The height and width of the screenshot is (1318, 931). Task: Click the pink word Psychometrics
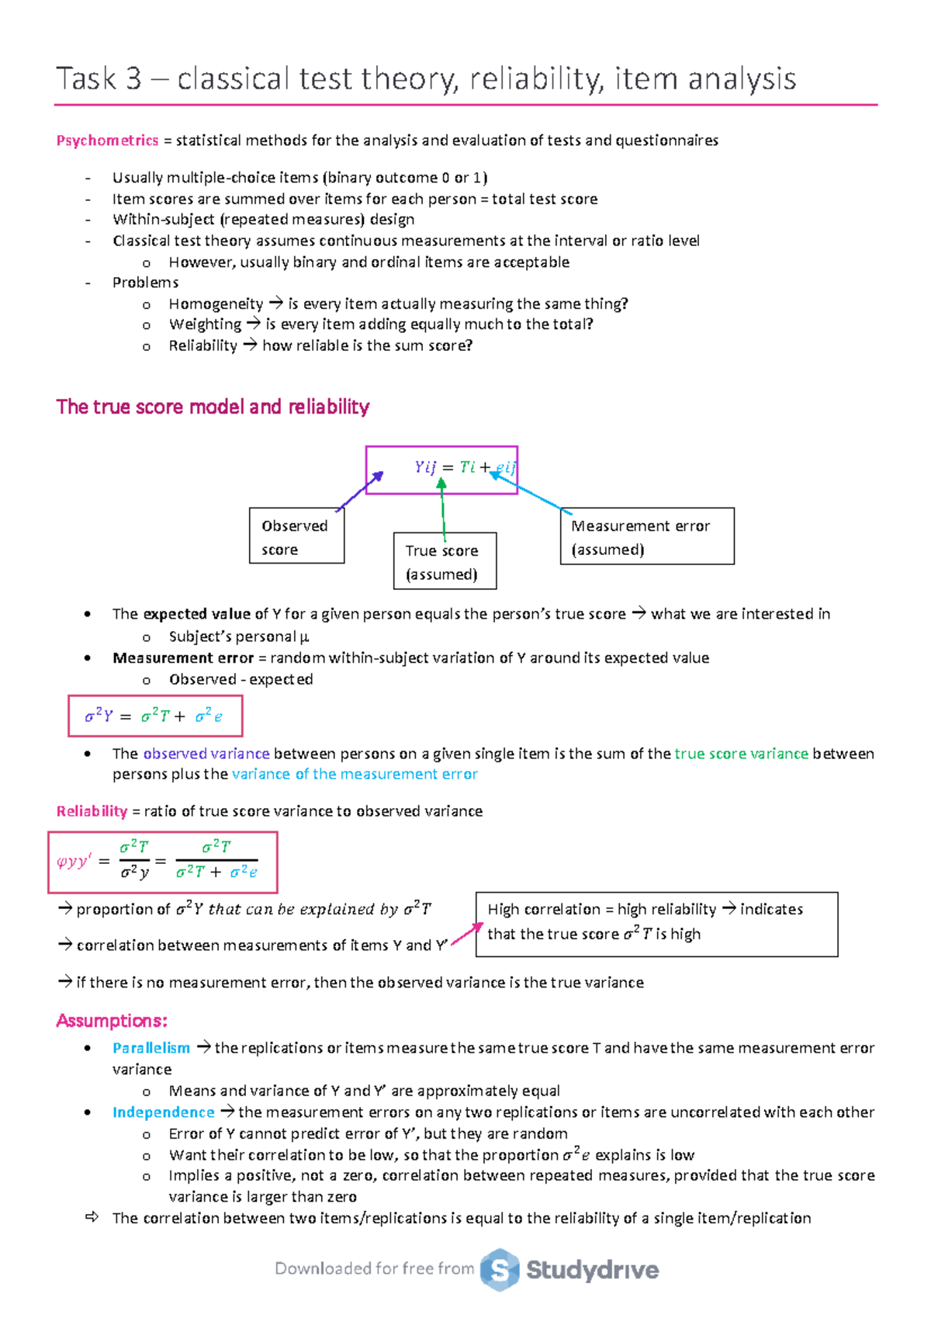click(107, 140)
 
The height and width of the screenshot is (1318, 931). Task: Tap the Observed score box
click(296, 536)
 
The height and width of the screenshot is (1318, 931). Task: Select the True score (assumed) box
click(445, 561)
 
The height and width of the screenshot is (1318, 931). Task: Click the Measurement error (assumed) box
click(646, 536)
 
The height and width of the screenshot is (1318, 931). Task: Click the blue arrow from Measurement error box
click(531, 493)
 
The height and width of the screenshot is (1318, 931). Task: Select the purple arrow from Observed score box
click(360, 491)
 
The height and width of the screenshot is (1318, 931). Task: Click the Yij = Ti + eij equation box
click(441, 470)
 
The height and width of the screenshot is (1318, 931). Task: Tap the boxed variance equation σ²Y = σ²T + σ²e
click(155, 716)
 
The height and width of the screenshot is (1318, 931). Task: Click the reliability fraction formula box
click(162, 862)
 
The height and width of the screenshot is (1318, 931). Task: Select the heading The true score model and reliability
click(213, 407)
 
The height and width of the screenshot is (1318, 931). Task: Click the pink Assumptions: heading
click(112, 1021)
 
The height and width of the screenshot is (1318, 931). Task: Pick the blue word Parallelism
click(151, 1048)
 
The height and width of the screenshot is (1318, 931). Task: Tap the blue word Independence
click(163, 1112)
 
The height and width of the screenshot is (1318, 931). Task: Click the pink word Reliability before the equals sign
click(92, 811)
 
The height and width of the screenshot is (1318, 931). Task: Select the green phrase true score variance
click(741, 754)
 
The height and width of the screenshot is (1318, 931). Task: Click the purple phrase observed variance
click(206, 754)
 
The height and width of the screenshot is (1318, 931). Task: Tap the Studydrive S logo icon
click(500, 1270)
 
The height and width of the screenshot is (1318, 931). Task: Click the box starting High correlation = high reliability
click(656, 924)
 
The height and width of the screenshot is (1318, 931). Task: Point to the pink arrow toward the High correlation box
click(467, 934)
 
